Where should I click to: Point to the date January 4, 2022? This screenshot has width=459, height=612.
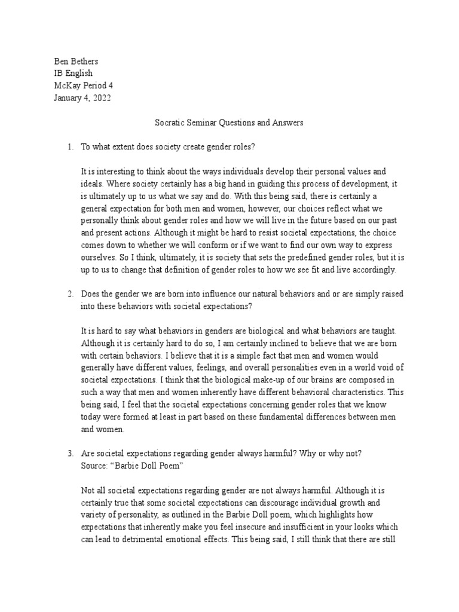click(x=81, y=97)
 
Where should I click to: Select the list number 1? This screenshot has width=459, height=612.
click(x=69, y=147)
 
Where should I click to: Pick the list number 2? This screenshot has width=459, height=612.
click(x=69, y=293)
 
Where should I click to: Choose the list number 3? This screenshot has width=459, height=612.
click(x=69, y=454)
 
